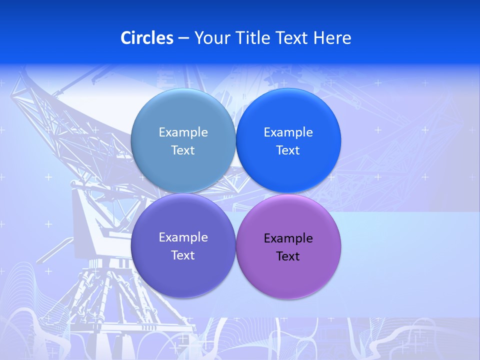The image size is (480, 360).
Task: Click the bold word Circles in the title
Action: point(146,38)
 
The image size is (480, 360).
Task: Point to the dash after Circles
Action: point(183,38)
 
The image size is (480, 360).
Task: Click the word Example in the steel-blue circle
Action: point(183,132)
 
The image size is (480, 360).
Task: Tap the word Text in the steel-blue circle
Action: point(183,150)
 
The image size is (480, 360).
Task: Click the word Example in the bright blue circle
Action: point(288,132)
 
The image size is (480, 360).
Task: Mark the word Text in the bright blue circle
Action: point(288,150)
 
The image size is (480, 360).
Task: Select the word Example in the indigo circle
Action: point(183,237)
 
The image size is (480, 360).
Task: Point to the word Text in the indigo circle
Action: point(183,255)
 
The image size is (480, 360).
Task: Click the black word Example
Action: point(288,238)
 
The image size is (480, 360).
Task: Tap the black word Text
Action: point(288,256)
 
